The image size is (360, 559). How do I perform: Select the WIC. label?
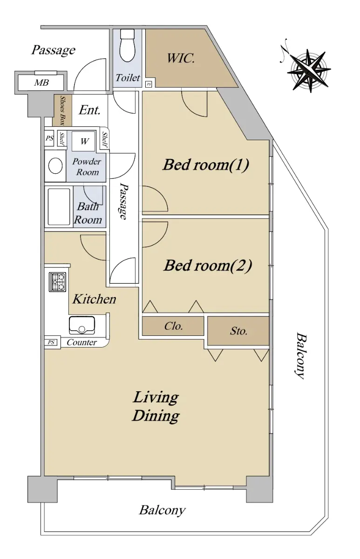click(x=180, y=58)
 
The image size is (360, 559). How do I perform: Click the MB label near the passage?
click(x=41, y=82)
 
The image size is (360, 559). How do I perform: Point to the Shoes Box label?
click(x=62, y=110)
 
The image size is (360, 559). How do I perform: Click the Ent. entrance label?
click(x=89, y=110)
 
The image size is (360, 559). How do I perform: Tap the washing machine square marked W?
click(x=84, y=141)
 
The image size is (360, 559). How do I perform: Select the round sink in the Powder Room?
click(x=55, y=165)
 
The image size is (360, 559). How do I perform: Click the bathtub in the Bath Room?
click(x=59, y=207)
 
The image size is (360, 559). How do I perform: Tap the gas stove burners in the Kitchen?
click(x=58, y=282)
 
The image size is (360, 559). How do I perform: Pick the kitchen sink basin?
click(x=82, y=325)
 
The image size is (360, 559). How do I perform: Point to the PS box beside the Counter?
click(x=51, y=342)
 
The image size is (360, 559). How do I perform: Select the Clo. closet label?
click(x=173, y=326)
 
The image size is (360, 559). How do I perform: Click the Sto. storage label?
click(x=238, y=331)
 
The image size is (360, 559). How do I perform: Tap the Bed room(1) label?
click(x=206, y=165)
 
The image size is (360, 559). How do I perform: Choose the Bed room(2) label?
click(x=208, y=265)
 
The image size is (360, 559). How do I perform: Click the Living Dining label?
click(x=156, y=406)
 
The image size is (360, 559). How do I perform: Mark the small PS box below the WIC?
click(x=149, y=84)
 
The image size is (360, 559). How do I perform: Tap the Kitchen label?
click(x=94, y=299)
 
